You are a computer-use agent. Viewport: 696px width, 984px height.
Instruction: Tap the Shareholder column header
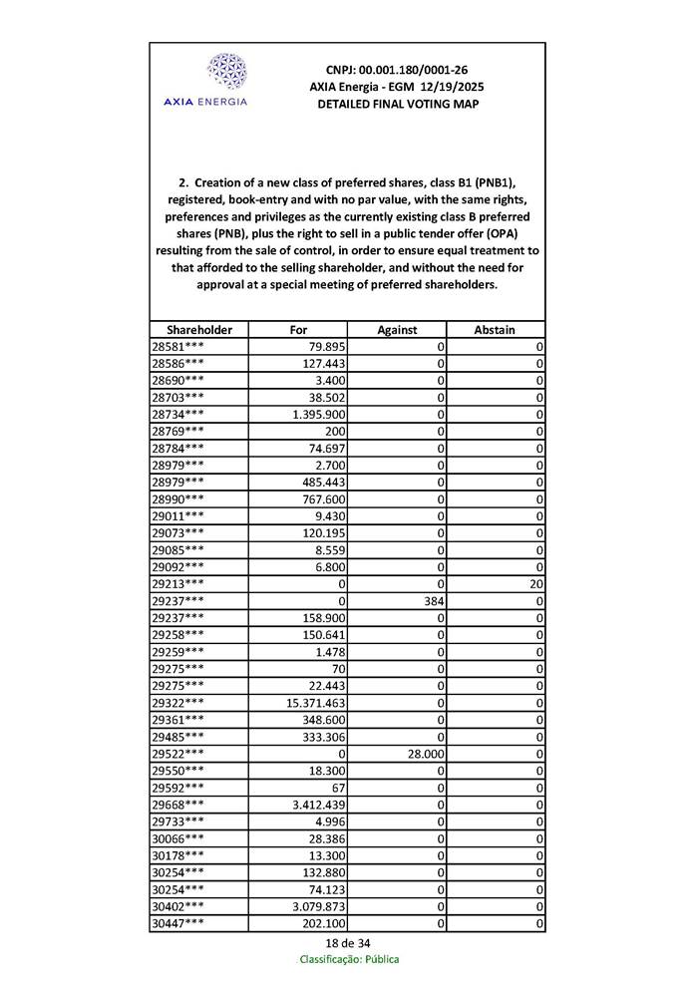coord(199,330)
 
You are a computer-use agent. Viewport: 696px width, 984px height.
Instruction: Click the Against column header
coord(397,330)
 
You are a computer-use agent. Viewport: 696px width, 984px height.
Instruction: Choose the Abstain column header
coord(496,330)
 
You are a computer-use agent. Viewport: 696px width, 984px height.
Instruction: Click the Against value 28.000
coord(423,755)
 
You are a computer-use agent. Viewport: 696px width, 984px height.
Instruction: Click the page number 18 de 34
coord(347,942)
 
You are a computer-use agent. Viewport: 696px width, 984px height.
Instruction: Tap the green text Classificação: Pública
coord(349,959)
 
